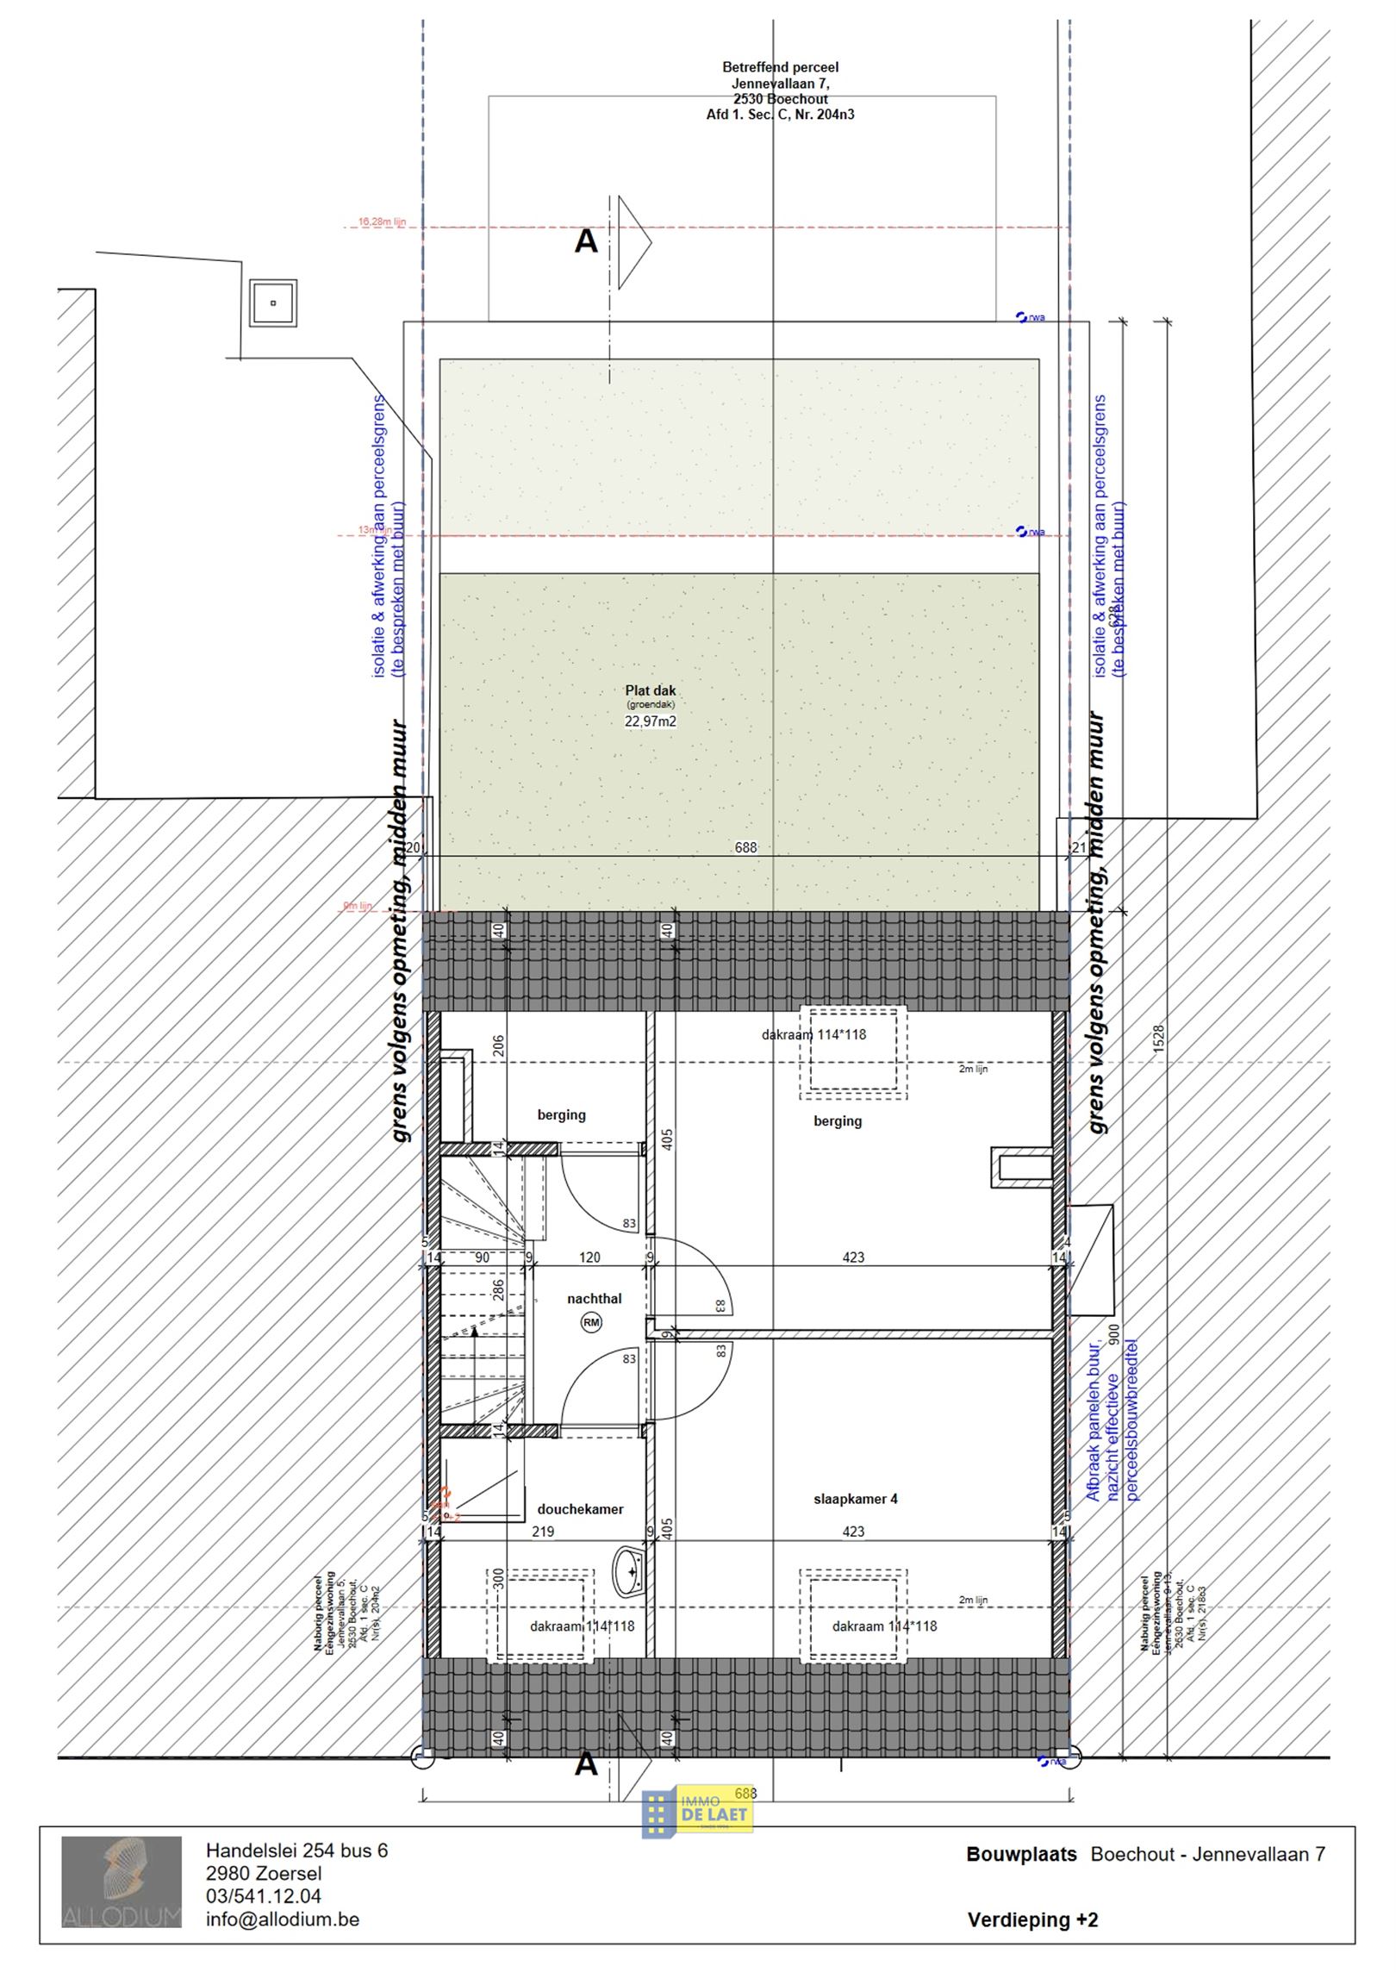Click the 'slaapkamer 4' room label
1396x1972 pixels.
(x=855, y=1499)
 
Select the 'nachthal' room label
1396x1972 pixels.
(x=594, y=1299)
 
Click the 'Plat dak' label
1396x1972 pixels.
(x=651, y=690)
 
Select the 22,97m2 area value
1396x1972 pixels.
(x=651, y=721)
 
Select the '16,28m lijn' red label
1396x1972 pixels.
(x=381, y=222)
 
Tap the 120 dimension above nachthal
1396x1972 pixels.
(x=589, y=1257)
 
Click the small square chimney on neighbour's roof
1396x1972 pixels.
(x=272, y=303)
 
